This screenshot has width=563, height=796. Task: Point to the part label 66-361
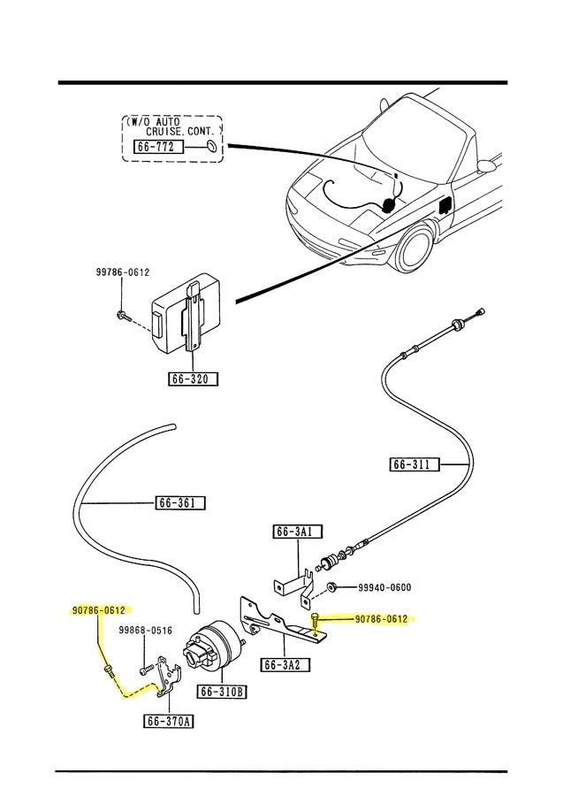click(x=181, y=503)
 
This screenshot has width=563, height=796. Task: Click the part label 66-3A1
click(x=297, y=532)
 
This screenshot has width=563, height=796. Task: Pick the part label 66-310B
click(x=221, y=692)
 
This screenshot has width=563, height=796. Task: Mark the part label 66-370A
click(x=169, y=721)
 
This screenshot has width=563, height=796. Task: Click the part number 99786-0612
click(x=123, y=273)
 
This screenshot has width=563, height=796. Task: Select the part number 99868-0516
click(x=146, y=631)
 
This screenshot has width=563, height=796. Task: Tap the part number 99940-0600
click(x=384, y=587)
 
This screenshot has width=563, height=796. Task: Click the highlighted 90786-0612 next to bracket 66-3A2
click(x=382, y=619)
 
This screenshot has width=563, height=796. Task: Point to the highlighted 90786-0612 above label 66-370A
click(x=98, y=610)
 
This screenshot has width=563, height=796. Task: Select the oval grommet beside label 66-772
click(x=210, y=146)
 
